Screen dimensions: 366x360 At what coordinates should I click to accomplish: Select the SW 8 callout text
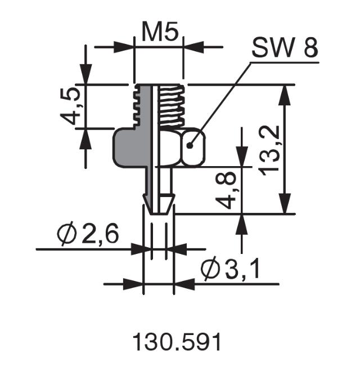[x=284, y=49]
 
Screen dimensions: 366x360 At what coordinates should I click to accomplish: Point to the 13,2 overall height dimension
[x=270, y=149]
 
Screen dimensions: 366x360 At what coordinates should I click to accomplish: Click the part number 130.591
[x=177, y=342]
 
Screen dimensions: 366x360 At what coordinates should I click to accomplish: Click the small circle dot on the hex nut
[x=191, y=145]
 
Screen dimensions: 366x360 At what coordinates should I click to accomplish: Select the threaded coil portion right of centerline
[x=170, y=106]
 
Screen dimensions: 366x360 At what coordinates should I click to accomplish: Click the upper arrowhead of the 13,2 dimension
[x=286, y=95]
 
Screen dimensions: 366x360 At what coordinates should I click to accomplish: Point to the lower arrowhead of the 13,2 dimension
[x=286, y=204]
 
